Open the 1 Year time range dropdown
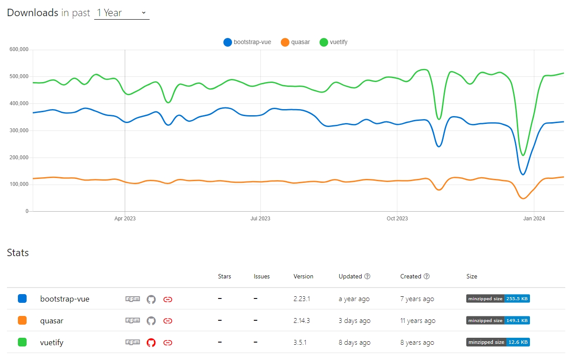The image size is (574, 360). pos(122,13)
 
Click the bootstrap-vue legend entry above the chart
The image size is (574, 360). pos(247,42)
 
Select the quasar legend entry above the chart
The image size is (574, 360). pos(295,42)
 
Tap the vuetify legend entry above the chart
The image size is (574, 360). pos(334,42)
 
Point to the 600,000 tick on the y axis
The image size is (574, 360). pos(18,50)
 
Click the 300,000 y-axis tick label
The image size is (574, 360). pos(18,130)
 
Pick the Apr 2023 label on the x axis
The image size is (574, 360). pos(125,219)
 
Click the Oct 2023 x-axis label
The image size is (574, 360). pos(397,219)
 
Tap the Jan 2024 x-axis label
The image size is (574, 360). pos(534,219)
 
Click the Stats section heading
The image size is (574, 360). pos(18,253)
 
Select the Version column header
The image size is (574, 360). pos(303,276)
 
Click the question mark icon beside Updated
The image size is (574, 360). pos(367,276)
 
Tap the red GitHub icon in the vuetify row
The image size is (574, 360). pos(151,343)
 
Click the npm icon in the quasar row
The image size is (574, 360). pos(133,321)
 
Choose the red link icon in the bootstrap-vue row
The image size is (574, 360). pos(167,299)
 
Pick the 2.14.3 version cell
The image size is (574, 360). pos(301,321)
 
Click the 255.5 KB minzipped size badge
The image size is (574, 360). pos(498,299)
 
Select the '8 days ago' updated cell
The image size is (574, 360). pos(354,343)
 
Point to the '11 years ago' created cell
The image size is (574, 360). pos(417,321)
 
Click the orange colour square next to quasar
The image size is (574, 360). pos(22,321)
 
